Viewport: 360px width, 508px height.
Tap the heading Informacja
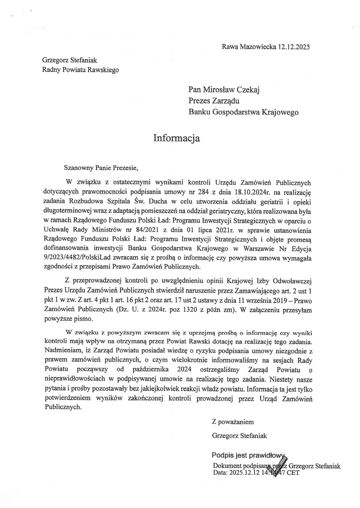pyautogui.click(x=177, y=138)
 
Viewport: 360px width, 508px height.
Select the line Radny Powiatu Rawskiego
pyautogui.click(x=80, y=70)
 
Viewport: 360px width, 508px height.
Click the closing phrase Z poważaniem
pyautogui.click(x=233, y=422)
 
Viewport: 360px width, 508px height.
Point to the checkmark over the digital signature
pyautogui.click(x=280, y=464)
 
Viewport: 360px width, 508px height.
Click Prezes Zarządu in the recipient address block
pyautogui.click(x=214, y=101)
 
